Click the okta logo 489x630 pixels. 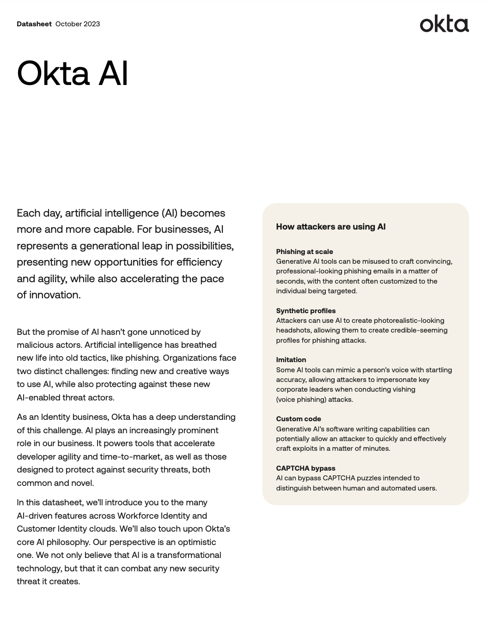444,24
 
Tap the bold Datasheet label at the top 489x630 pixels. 34,24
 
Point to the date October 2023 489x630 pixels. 78,24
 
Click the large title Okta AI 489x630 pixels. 73,73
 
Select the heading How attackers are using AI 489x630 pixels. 330,227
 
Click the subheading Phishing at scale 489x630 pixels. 304,252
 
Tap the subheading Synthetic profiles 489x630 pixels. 306,311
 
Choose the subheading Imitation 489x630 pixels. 291,360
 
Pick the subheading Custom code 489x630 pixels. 298,419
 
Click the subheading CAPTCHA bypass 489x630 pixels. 306,468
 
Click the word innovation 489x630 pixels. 55,295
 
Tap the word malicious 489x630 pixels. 34,345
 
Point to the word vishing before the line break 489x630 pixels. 404,389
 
